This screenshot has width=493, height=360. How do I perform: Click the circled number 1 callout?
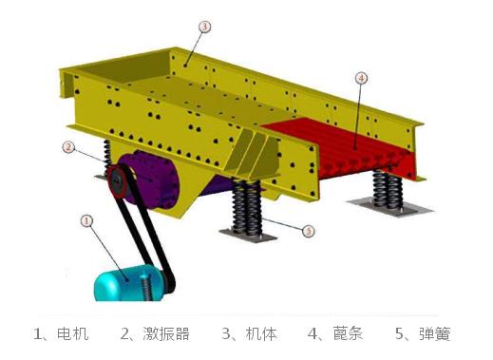coord(86,220)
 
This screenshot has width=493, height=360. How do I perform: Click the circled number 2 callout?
coord(68,147)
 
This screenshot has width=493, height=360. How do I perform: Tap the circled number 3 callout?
coord(203,28)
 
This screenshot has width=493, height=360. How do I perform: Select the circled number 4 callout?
coord(360,77)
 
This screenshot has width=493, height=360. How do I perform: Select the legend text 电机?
coord(73,333)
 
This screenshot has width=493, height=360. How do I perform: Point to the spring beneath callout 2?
coord(106,155)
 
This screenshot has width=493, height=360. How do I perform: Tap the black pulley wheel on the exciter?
coord(118,182)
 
